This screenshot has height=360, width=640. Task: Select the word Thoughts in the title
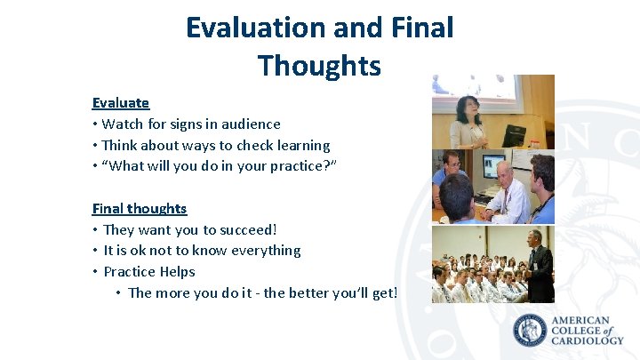[x=319, y=66]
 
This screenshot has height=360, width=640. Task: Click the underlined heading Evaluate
[x=120, y=103]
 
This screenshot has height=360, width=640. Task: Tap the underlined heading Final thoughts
[x=140, y=209]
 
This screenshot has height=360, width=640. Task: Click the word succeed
[x=247, y=230]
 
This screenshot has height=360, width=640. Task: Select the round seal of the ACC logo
[x=531, y=331]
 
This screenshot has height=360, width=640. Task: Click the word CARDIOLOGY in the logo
[x=588, y=340]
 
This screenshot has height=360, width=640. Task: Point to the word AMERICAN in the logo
[x=581, y=320]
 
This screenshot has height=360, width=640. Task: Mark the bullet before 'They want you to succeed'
[x=95, y=230]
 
